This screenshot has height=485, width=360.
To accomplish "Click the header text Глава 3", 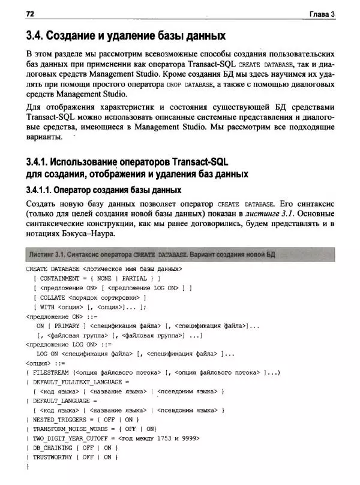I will tap(322, 13).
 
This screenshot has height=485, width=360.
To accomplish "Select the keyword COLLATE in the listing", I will tap(52, 297).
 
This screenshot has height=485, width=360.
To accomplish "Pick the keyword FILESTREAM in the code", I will tap(51, 372).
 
